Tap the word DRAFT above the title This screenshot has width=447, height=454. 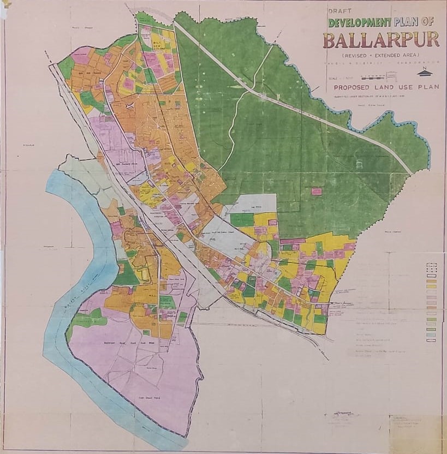point(339,10)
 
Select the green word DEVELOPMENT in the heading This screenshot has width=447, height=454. point(360,23)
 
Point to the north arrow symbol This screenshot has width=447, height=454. point(424,73)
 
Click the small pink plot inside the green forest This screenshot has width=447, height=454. point(316,192)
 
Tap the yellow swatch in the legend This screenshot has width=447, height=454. point(431,285)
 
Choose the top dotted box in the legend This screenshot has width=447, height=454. point(431,265)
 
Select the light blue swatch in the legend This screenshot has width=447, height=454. point(431,334)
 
